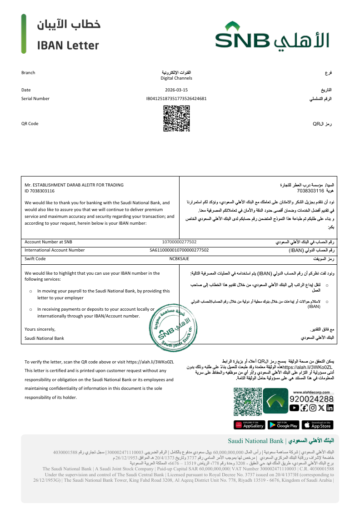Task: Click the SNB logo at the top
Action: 272,35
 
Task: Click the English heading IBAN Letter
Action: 68,45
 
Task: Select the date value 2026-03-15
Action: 176,90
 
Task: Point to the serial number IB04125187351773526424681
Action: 176,98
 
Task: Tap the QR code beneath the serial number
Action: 176,118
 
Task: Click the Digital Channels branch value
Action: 176,78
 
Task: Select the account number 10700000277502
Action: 179,242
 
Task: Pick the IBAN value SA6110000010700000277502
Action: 179,250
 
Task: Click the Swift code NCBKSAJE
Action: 179,258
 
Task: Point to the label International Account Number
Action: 55,250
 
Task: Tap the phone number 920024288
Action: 312,399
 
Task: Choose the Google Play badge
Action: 283,425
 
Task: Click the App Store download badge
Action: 317,425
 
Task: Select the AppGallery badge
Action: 249,425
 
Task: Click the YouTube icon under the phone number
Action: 294,408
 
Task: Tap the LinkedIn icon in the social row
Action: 330,408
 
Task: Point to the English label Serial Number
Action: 35,98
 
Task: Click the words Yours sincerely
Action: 40,329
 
